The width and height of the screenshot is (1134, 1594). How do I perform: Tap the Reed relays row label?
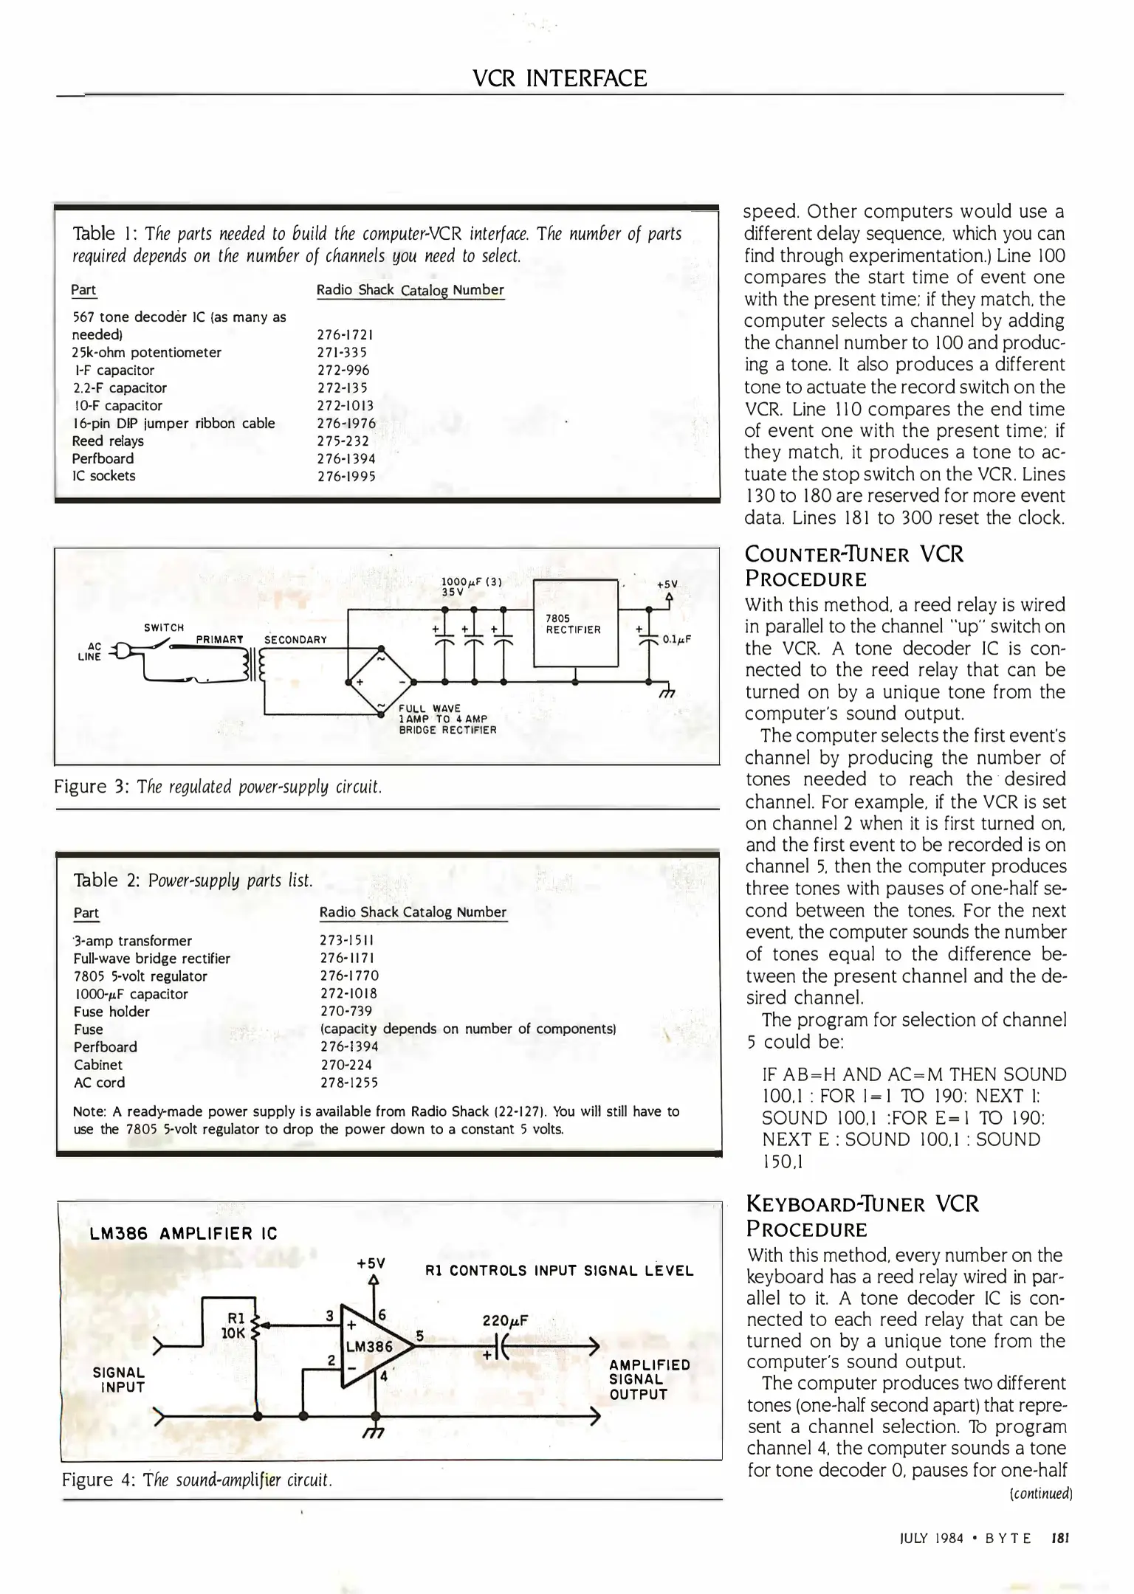(x=108, y=441)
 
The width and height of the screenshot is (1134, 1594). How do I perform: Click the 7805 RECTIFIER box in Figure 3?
(x=574, y=624)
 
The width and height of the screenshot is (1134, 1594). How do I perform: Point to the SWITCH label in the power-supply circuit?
(x=164, y=628)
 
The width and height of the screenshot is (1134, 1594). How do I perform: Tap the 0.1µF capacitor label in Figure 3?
(x=676, y=639)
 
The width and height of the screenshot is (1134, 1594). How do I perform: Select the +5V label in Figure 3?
(x=667, y=584)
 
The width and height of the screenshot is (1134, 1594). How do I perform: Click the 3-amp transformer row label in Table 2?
(x=133, y=941)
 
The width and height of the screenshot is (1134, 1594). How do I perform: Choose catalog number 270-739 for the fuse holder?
(x=346, y=1011)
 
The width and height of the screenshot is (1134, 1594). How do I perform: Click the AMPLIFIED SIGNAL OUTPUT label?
(x=649, y=1379)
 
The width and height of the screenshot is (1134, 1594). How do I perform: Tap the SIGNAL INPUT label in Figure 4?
(x=119, y=1379)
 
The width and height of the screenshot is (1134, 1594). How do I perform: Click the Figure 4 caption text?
(x=197, y=1480)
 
